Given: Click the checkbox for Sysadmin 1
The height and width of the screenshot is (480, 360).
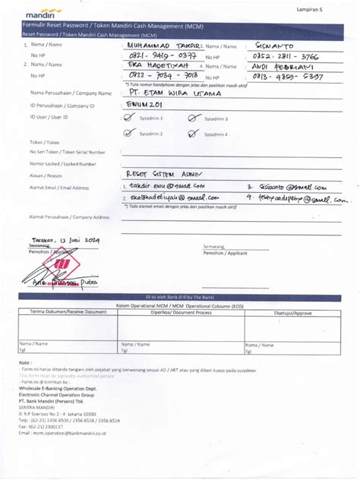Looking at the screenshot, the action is point(128,118).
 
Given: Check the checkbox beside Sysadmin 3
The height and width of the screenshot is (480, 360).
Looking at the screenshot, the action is point(194,118).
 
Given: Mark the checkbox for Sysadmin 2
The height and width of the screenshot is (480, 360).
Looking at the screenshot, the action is point(128,133).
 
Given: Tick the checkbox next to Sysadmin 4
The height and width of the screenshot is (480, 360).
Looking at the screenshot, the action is point(194,133).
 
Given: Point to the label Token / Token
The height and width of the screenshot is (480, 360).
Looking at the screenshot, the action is point(44,142).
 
